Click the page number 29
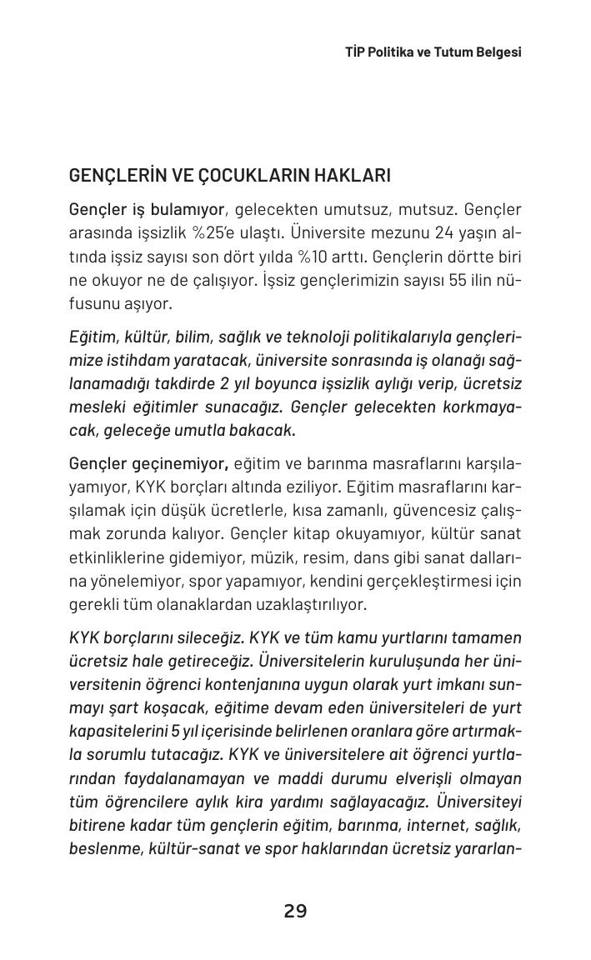point(295,911)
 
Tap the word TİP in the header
point(355,52)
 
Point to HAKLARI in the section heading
point(356,176)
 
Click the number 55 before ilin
point(457,280)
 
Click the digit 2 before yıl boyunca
point(224,383)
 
